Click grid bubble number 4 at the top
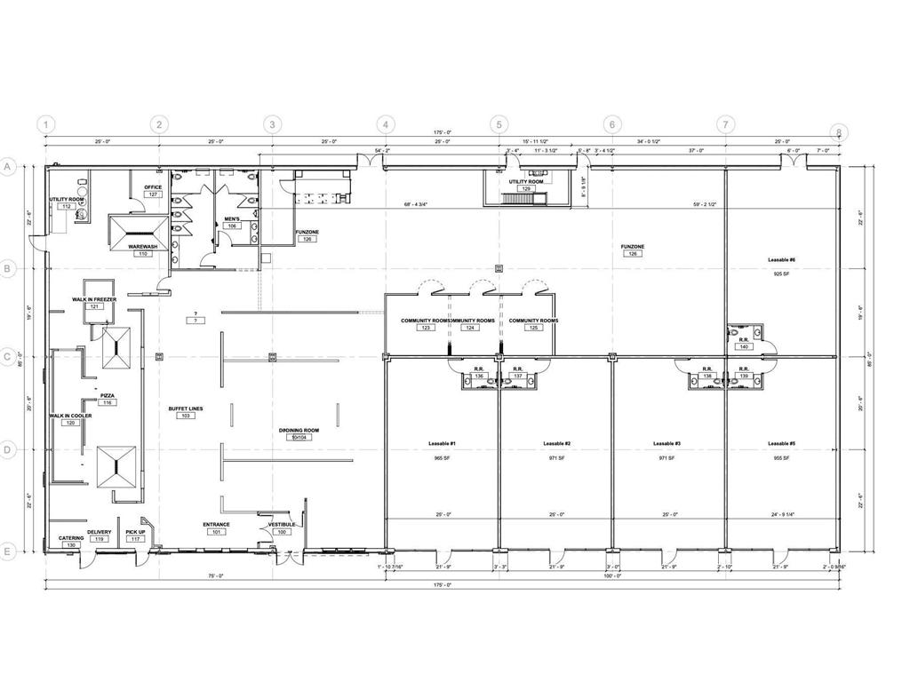point(385,124)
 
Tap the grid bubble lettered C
point(8,358)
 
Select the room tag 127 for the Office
point(153,194)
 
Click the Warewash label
point(142,246)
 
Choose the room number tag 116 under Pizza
point(108,403)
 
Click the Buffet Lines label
point(186,408)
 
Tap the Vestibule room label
point(282,524)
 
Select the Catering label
point(71,538)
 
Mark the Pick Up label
point(135,532)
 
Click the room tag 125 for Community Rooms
point(533,328)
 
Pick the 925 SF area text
point(781,274)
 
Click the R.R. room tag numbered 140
point(744,346)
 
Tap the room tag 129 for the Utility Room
point(526,189)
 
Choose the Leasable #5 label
point(781,443)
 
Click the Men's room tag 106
point(232,226)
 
